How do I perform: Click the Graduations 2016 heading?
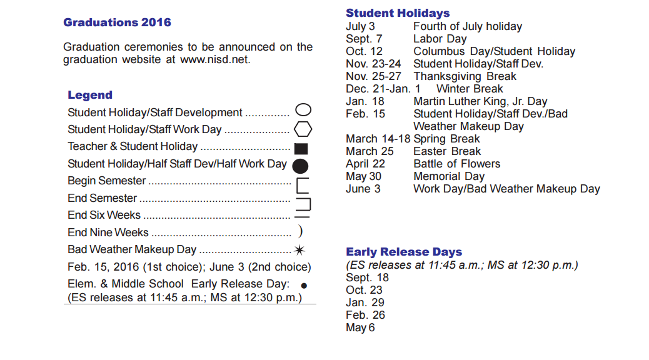[117, 22]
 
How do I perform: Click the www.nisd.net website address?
[214, 60]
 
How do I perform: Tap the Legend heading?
[90, 95]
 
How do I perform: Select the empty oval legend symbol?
[303, 111]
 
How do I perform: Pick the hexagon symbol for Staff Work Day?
[303, 129]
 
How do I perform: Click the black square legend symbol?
[301, 149]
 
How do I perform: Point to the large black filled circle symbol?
[301, 166]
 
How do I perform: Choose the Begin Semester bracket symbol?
[302, 185]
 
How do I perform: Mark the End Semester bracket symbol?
[303, 202]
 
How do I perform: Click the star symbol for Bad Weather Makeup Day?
[300, 250]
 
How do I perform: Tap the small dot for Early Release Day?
[304, 285]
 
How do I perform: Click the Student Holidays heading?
[398, 13]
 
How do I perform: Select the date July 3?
[360, 26]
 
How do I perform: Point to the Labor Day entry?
[440, 39]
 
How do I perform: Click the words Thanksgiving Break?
[465, 76]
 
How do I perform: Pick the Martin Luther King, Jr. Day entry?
[480, 101]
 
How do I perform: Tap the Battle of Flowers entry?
[456, 164]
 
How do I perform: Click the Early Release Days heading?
[404, 252]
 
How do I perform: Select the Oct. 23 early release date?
[364, 290]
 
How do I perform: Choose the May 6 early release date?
[360, 327]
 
